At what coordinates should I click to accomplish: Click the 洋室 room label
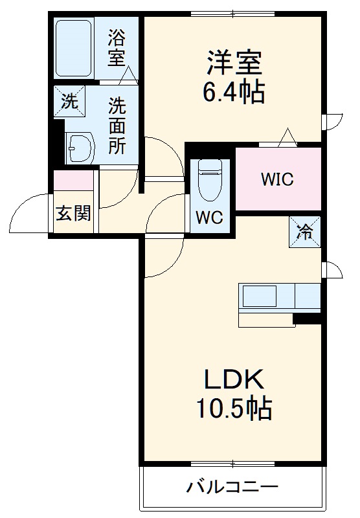(x=234, y=64)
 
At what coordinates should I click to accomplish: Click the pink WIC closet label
(x=278, y=179)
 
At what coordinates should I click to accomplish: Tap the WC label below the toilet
(x=210, y=218)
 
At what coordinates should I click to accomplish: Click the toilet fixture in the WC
(x=210, y=179)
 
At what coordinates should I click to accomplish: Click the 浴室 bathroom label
(x=117, y=47)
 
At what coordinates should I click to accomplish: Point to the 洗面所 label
(x=117, y=125)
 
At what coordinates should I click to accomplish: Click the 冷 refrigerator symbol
(x=304, y=231)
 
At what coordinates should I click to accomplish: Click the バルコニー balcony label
(x=233, y=487)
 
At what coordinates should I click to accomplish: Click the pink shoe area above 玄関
(x=73, y=179)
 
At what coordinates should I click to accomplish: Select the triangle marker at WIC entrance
(x=287, y=137)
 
